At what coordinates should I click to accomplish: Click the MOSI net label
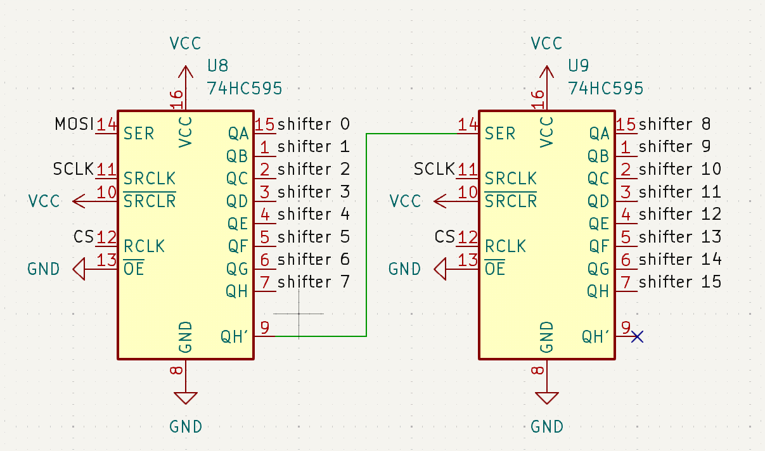[x=74, y=124]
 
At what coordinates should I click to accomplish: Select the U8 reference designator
[x=218, y=67]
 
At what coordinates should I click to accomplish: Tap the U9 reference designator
[x=579, y=67]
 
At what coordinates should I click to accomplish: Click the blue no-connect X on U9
[x=637, y=336]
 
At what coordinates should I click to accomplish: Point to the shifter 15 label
[x=680, y=282]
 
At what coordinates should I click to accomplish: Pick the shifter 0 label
[x=314, y=124]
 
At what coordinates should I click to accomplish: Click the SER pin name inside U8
[x=139, y=134]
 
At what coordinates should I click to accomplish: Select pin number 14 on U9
[x=468, y=124]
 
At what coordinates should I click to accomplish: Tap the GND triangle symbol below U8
[x=185, y=398]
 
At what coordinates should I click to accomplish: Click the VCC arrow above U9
[x=546, y=73]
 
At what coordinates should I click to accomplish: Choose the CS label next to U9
[x=445, y=238]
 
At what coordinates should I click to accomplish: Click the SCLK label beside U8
[x=74, y=169]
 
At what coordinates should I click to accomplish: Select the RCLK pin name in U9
[x=505, y=246]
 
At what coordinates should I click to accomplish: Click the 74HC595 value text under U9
[x=605, y=89]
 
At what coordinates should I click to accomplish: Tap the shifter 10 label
[x=680, y=169]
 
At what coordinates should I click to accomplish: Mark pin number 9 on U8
[x=264, y=327]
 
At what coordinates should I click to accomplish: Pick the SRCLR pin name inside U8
[x=149, y=201]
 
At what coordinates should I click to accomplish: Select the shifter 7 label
[x=314, y=282]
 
